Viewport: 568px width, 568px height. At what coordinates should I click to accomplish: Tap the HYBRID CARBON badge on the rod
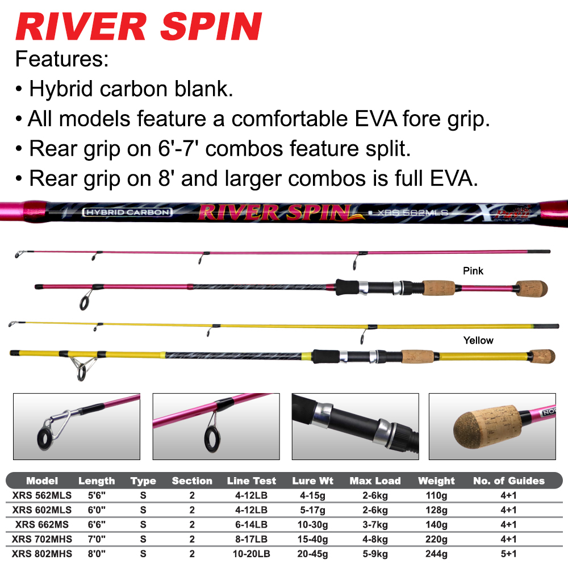click(x=127, y=212)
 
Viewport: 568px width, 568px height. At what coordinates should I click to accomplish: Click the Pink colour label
click(x=473, y=270)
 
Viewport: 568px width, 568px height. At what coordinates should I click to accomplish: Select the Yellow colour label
click(x=478, y=340)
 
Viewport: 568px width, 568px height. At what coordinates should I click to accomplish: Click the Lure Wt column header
click(x=312, y=481)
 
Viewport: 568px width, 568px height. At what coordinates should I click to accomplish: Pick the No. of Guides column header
click(x=508, y=481)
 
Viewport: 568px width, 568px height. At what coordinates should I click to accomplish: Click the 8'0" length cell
click(x=97, y=553)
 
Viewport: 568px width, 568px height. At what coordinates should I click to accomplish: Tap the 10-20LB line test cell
click(x=251, y=553)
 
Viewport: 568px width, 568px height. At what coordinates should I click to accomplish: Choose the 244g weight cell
click(x=436, y=553)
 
